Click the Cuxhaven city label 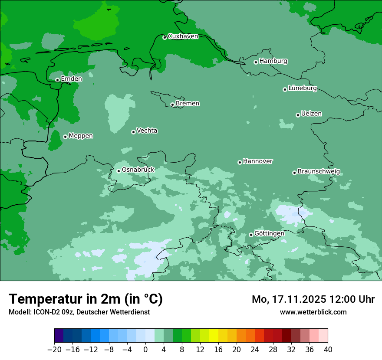183,36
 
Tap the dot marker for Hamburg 256,62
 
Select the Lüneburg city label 303,88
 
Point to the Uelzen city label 311,114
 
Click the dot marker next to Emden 57,80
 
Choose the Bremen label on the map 188,103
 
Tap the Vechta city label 147,131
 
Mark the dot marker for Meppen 65,137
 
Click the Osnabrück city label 138,170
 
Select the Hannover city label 257,161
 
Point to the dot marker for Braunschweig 294,173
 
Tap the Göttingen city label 269,233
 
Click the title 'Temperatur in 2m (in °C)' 86,299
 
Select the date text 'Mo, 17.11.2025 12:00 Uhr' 313,299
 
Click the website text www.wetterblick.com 313,312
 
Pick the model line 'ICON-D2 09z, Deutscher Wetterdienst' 79,312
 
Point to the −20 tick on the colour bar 54,350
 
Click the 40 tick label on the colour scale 328,350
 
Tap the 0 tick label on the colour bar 145,350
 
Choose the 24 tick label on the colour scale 255,350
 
